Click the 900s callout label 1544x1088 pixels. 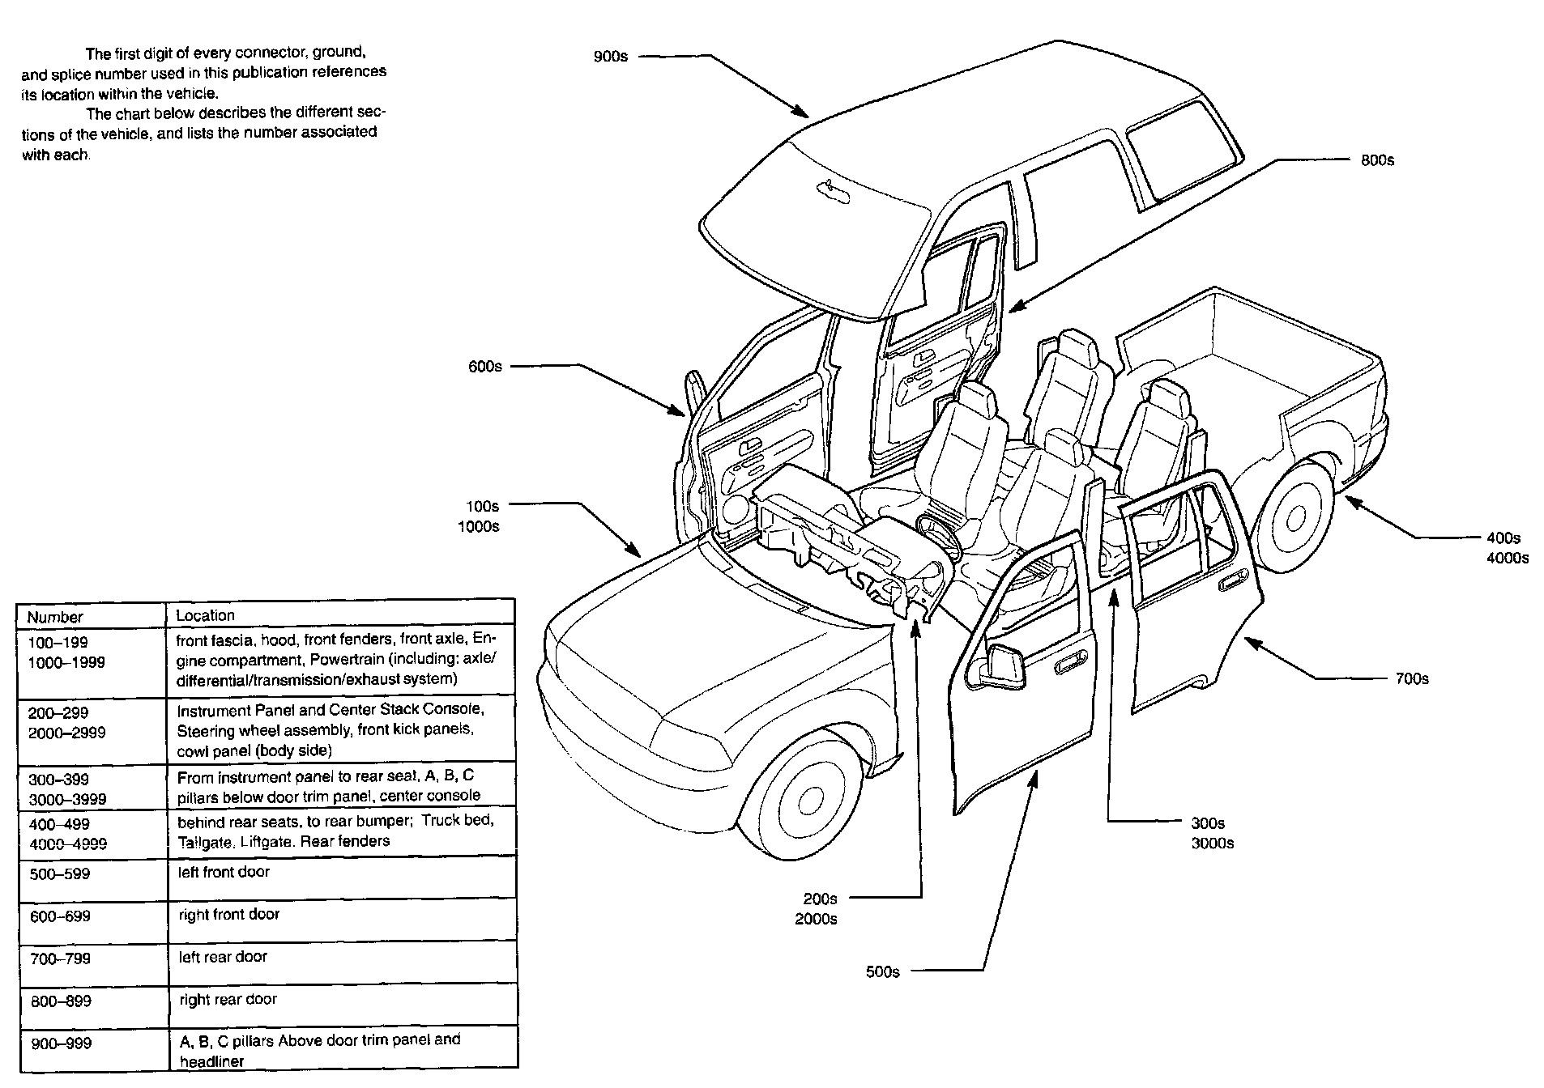tap(610, 57)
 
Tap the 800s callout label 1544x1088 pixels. tap(1377, 160)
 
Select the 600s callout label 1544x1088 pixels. tap(484, 367)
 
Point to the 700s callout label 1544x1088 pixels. tap(1411, 678)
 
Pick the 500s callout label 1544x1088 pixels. tap(882, 971)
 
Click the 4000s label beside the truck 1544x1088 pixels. tap(1507, 558)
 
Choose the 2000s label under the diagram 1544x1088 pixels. tap(816, 919)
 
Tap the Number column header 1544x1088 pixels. tap(55, 617)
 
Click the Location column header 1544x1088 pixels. tap(205, 615)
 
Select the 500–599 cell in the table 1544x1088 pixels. tap(61, 874)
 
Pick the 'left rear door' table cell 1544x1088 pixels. tap(223, 957)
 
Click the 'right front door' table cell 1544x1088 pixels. tap(228, 915)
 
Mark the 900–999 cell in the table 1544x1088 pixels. tap(61, 1043)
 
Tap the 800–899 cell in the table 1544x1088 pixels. tap(61, 1001)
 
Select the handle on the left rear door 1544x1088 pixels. tap(1232, 580)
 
